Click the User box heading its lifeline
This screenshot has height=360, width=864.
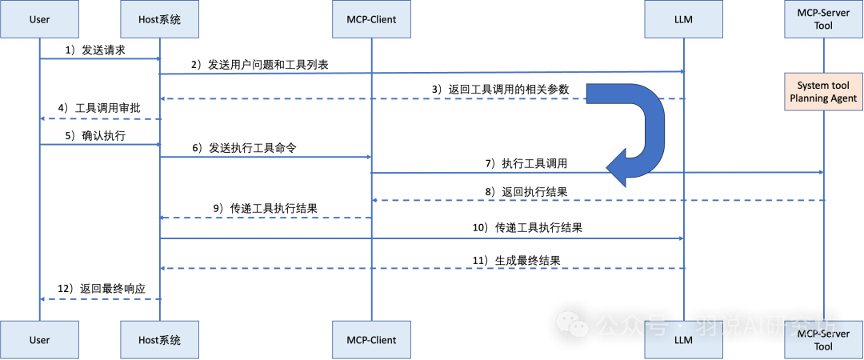tap(39, 20)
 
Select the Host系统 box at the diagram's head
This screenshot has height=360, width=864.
tap(159, 20)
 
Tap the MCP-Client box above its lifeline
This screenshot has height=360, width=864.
tap(371, 20)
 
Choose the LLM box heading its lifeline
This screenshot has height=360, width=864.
tap(683, 20)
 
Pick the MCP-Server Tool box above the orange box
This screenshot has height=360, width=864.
tap(823, 20)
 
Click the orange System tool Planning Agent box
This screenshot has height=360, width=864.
tap(823, 92)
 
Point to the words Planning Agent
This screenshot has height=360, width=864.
tap(823, 98)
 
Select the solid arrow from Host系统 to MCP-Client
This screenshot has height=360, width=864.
tap(265, 158)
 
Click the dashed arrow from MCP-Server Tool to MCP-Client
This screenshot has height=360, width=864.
tap(596, 200)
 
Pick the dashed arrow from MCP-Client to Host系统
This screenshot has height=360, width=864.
tap(265, 218)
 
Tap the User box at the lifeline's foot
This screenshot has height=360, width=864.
tap(39, 340)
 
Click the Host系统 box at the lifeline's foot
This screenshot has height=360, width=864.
tap(159, 340)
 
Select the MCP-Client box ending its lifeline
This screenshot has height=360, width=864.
tap(371, 340)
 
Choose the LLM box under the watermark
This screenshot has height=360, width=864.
tap(683, 342)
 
